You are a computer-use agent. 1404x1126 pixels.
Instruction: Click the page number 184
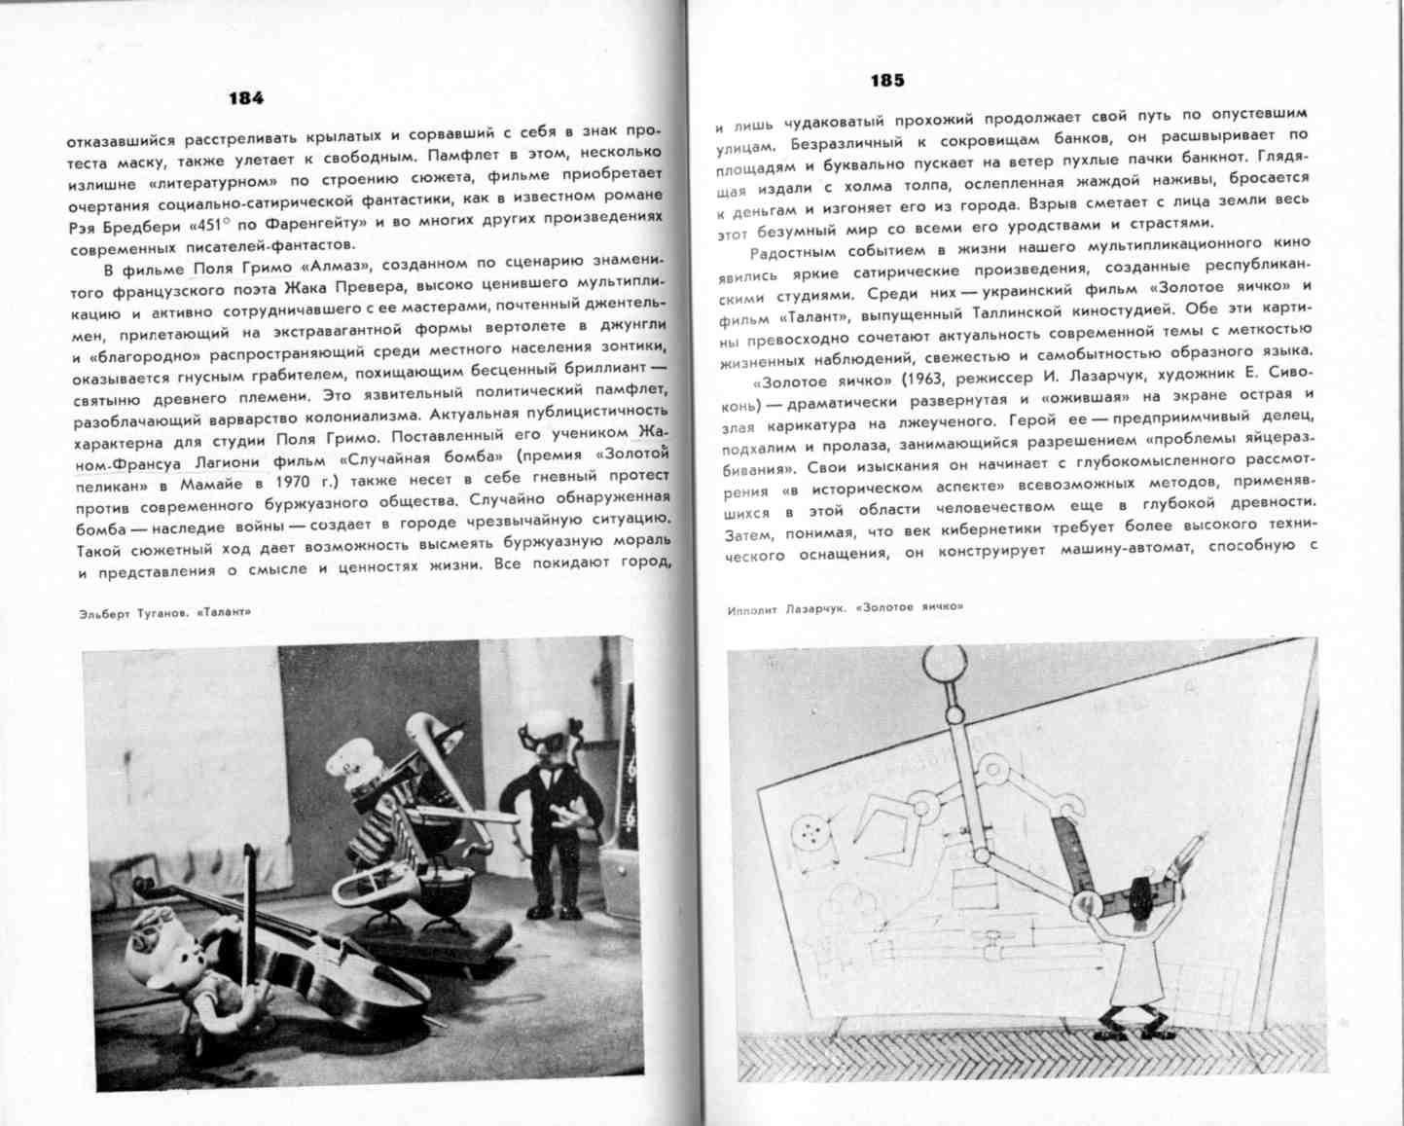[x=245, y=97]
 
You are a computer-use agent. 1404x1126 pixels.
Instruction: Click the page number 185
[x=887, y=81]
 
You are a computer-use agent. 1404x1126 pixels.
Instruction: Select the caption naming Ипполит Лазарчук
[x=844, y=608]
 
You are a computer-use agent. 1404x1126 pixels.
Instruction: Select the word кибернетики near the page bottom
[x=990, y=530]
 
